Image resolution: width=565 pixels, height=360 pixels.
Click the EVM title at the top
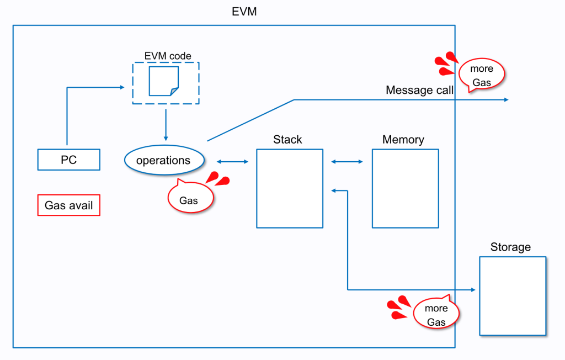(244, 12)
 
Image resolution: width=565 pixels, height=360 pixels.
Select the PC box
(69, 160)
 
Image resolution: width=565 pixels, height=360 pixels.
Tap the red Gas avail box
(69, 205)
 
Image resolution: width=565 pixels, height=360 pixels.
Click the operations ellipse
(163, 160)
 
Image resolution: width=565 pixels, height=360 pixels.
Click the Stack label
(287, 139)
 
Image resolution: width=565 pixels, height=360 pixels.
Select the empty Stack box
(290, 188)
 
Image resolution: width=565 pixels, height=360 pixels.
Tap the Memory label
(403, 139)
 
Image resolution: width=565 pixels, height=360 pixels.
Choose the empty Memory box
(405, 188)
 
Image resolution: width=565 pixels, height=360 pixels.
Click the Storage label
(510, 247)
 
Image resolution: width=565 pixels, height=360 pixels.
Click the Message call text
(420, 90)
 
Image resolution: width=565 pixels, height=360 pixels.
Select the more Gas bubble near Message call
(481, 76)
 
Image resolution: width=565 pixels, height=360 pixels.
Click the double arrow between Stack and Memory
(347, 162)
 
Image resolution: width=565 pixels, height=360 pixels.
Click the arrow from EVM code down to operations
(166, 124)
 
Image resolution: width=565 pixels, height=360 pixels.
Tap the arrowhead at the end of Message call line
(505, 100)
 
